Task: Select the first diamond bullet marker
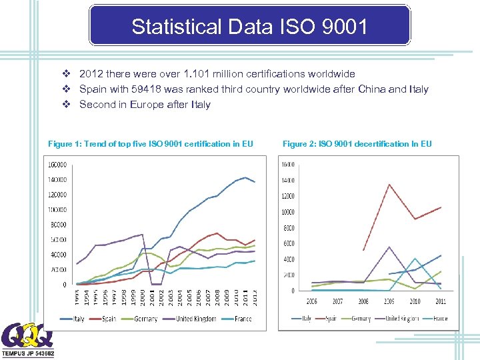(66, 74)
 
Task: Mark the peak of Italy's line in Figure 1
(245, 177)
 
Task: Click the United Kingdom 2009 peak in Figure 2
(389, 247)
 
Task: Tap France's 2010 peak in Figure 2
(415, 258)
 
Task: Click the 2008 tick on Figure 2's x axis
(363, 301)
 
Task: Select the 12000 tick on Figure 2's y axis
(288, 196)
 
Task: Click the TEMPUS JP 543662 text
(28, 353)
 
